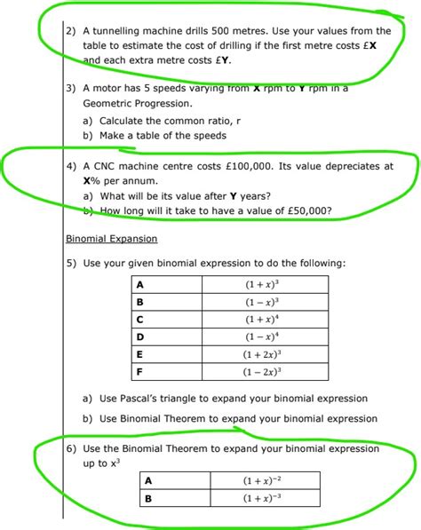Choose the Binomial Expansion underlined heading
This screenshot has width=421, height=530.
coord(112,239)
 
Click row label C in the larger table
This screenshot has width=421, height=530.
coord(140,320)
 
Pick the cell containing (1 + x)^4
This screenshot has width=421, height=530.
coord(263,320)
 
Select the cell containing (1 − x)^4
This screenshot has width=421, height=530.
coord(263,336)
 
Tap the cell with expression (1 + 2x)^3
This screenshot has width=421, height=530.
coord(263,353)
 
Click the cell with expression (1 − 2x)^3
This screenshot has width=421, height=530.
coord(263,371)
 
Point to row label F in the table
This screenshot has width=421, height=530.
coord(140,371)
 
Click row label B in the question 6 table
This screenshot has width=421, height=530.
coord(148,498)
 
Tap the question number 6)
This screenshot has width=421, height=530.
coord(72,449)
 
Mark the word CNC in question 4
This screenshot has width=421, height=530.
coord(107,166)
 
